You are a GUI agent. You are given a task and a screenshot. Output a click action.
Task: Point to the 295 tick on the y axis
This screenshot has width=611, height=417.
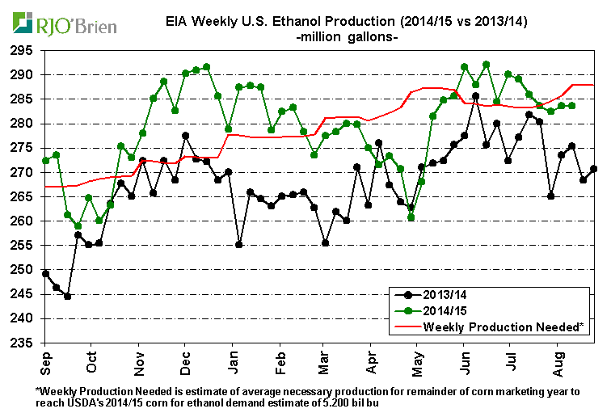tap(25, 50)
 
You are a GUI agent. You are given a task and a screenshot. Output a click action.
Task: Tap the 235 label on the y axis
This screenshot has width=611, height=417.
tap(25, 343)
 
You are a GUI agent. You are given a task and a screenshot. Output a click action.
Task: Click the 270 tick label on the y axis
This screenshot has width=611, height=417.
tap(25, 172)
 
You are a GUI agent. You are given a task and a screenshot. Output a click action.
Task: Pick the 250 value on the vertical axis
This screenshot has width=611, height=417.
tap(25, 270)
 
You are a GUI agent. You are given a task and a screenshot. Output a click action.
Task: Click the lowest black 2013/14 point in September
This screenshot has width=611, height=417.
tap(67, 296)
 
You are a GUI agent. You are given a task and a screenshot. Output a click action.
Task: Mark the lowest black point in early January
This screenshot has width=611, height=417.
tap(238, 244)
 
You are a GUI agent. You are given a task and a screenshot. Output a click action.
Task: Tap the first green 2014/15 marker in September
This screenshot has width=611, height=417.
tap(45, 160)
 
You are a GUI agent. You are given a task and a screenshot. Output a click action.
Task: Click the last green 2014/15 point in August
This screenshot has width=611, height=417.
tap(571, 105)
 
